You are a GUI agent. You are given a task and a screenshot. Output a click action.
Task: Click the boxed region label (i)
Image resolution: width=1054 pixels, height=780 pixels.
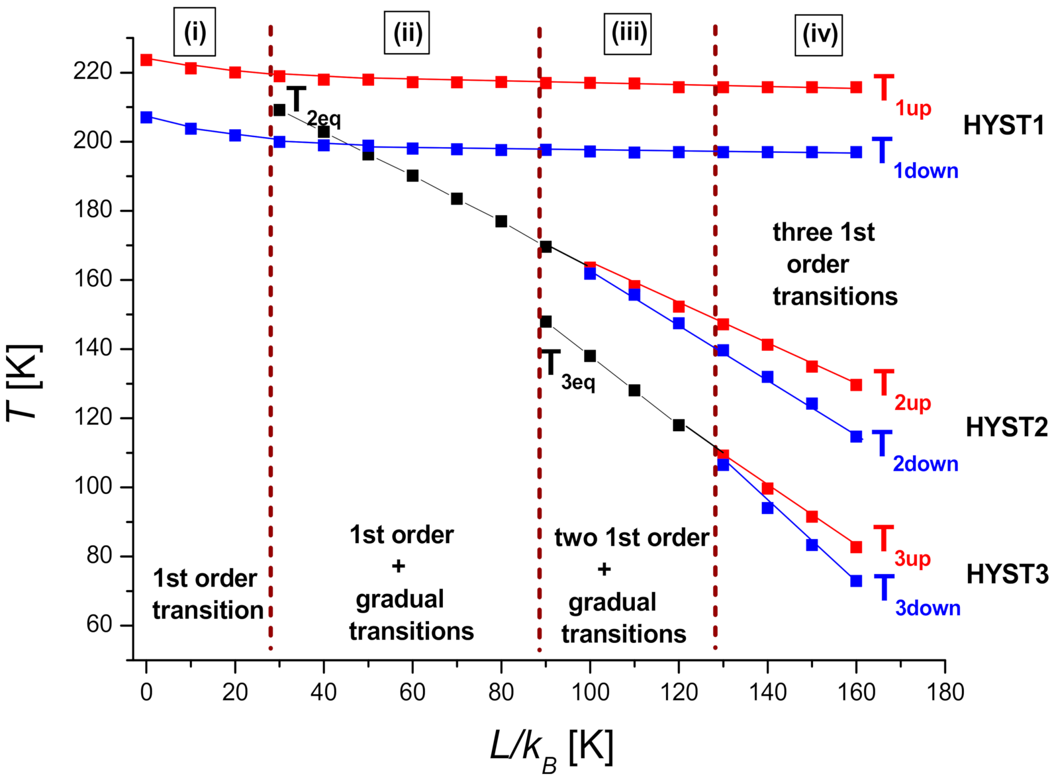[x=195, y=32]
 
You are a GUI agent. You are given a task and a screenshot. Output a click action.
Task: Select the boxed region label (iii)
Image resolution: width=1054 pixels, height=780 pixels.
[x=628, y=34]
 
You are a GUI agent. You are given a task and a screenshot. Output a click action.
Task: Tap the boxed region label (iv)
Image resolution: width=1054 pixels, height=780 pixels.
[x=819, y=35]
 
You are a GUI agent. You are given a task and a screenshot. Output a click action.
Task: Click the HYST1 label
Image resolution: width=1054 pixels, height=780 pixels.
[x=1003, y=125]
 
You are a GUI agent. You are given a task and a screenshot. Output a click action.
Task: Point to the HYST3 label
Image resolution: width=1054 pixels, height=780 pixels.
[x=1006, y=574]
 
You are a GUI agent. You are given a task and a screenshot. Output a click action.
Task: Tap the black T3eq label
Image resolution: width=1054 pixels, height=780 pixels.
[x=567, y=369]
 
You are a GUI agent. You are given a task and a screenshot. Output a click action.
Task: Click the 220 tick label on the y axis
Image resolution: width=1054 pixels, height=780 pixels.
[x=93, y=72]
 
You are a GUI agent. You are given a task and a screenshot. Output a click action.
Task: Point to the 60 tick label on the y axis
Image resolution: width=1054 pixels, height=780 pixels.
[x=100, y=625]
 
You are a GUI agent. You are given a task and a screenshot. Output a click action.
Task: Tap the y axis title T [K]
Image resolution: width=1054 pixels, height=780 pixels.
[x=24, y=383]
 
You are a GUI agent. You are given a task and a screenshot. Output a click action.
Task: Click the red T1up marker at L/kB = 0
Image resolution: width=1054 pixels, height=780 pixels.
[x=146, y=60]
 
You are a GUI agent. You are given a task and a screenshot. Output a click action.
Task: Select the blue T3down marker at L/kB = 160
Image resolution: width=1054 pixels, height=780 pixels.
[x=856, y=581]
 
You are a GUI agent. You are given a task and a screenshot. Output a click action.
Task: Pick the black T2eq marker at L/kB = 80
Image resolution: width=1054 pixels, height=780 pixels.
[x=501, y=221]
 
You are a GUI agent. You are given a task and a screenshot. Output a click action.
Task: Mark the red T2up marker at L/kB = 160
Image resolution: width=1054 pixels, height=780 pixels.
[x=856, y=385]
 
